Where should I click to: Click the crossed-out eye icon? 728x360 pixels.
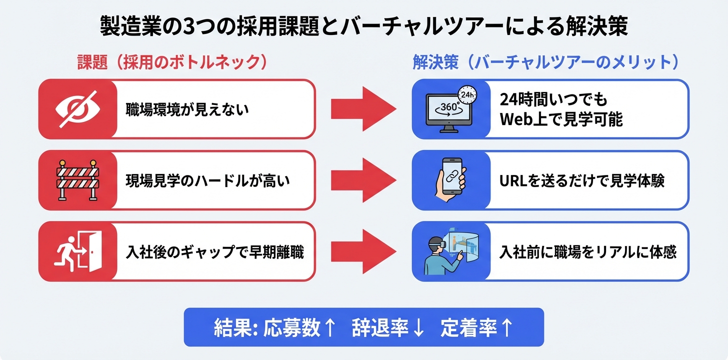[x=78, y=109]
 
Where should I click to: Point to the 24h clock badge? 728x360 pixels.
[x=466, y=93]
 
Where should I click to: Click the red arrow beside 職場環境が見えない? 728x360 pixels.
[x=363, y=109]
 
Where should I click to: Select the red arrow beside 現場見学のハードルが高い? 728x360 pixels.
[x=363, y=180]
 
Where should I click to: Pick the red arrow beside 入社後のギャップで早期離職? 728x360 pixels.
[x=363, y=251]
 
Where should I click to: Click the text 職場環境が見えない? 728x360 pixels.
[x=187, y=109]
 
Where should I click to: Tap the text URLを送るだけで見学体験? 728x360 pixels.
[x=582, y=180]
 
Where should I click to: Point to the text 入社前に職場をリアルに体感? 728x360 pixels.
[x=588, y=251]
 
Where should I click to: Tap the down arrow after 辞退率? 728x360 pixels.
[x=418, y=327]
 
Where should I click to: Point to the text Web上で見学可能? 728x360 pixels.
[x=561, y=120]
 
